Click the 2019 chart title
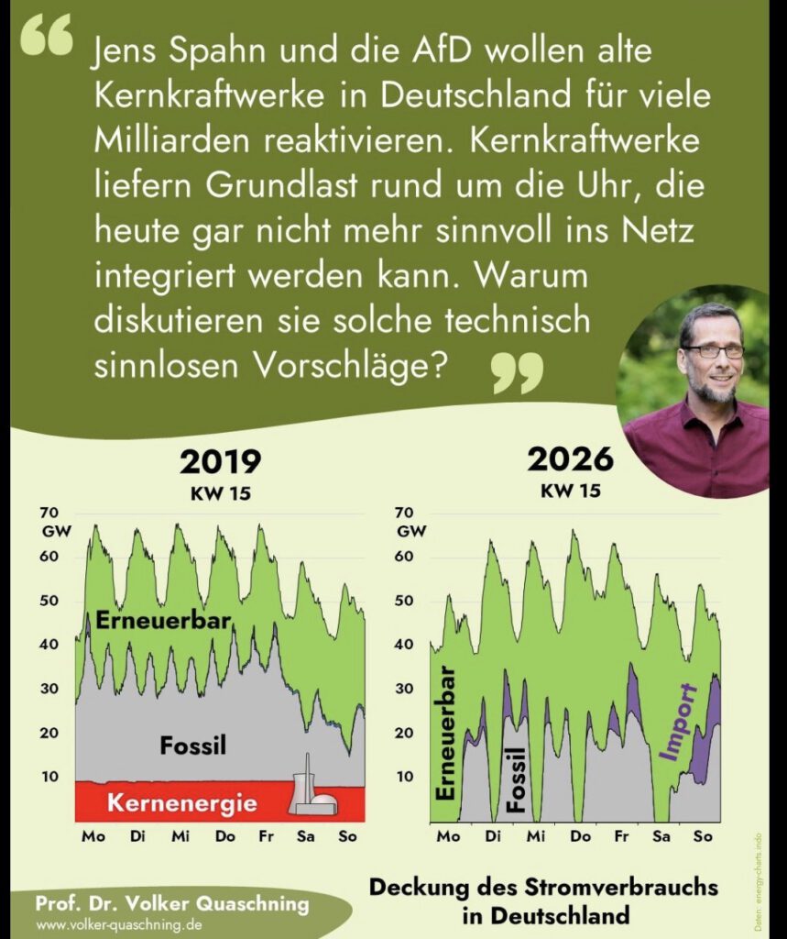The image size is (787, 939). tap(220, 461)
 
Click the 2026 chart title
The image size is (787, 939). tap(570, 459)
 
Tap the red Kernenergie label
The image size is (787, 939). tap(181, 803)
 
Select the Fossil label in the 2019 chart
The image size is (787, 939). tap(192, 746)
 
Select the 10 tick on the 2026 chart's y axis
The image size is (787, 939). tap(404, 777)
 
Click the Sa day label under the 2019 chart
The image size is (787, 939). tap(304, 836)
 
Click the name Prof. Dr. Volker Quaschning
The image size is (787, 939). tap(172, 904)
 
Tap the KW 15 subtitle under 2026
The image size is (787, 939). tap(570, 490)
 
